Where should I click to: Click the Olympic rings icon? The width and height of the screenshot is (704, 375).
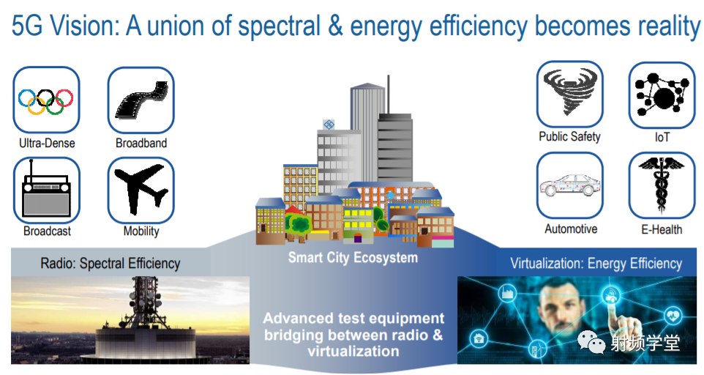click(x=46, y=100)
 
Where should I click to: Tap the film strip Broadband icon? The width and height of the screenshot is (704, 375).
click(x=141, y=100)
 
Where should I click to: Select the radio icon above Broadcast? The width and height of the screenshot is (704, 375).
click(x=46, y=190)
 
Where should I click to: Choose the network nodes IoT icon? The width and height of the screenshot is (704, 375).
click(x=662, y=95)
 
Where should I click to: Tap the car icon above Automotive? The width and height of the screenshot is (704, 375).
click(x=570, y=185)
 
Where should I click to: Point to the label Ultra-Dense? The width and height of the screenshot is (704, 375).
click(x=47, y=144)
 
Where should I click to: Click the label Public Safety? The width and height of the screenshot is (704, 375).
click(x=570, y=136)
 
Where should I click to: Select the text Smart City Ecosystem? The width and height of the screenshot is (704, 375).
click(x=353, y=258)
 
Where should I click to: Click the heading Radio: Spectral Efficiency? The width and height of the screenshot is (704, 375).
click(x=111, y=263)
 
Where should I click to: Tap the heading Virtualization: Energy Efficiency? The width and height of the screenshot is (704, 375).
click(x=596, y=263)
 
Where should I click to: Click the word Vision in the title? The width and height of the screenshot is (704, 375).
click(x=84, y=26)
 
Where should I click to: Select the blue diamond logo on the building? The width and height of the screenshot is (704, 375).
click(x=329, y=125)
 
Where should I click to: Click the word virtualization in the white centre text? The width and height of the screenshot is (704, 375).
click(x=353, y=352)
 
